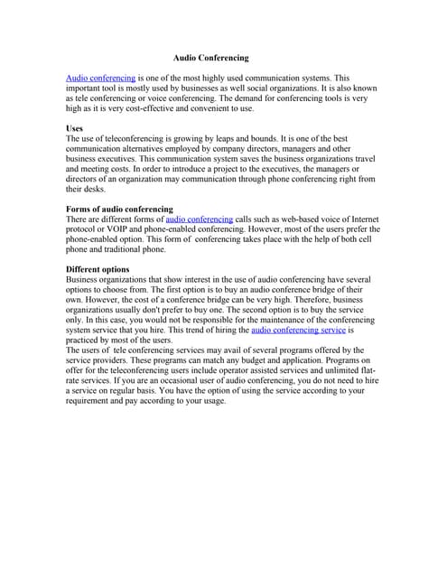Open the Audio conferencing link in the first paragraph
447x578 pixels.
click(100, 79)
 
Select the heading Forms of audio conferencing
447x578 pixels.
click(119, 209)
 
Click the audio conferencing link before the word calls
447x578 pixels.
click(199, 219)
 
